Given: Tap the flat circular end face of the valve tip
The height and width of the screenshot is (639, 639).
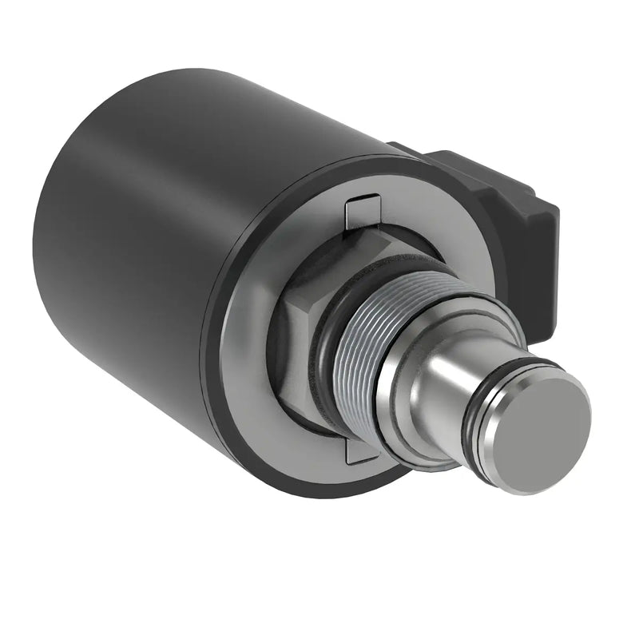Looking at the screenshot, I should pos(546,432).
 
